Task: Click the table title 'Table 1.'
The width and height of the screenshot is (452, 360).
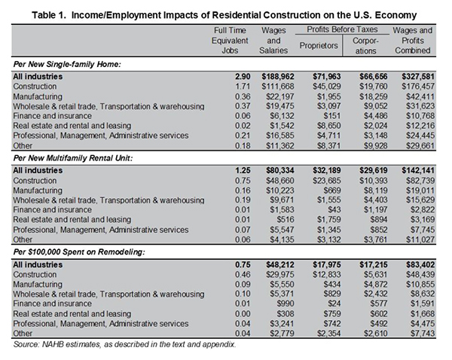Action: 49,15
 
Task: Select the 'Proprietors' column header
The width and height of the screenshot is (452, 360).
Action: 319,45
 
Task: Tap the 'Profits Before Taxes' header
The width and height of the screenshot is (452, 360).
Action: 342,29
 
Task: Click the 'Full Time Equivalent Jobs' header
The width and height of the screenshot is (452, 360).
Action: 230,41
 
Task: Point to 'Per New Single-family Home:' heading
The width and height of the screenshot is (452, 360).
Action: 67,64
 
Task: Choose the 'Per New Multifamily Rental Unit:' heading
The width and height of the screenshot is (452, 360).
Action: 73,158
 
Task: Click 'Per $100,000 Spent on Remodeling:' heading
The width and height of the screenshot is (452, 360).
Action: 79,252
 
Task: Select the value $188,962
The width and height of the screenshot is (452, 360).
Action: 278,77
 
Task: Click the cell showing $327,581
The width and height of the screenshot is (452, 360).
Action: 418,77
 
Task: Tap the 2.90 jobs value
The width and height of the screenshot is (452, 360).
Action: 243,77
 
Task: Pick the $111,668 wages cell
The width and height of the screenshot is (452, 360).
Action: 278,87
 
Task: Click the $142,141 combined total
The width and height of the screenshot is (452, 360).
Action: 418,171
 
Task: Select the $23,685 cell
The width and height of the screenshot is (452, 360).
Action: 327,181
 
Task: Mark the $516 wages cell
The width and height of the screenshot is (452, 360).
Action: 286,220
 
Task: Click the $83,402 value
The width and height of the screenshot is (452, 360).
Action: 420,264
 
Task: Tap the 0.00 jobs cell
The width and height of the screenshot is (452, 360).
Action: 243,313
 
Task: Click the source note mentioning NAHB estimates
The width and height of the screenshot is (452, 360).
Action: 124,344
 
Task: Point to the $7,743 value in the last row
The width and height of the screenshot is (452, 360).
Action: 423,333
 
